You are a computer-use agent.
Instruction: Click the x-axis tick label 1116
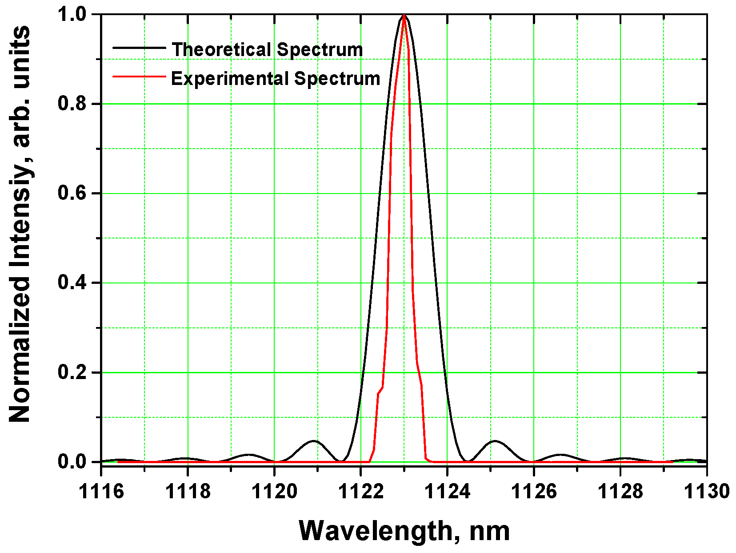(101, 492)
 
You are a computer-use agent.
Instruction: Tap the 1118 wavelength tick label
(188, 492)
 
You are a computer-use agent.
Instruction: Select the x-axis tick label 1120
(274, 492)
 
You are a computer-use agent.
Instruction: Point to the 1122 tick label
(361, 492)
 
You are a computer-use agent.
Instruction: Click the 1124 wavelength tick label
(448, 492)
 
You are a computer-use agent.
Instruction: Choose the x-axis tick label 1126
(534, 492)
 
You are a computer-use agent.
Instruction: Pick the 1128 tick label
(620, 492)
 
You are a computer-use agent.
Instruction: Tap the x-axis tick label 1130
(706, 492)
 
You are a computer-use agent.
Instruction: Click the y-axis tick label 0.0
(73, 462)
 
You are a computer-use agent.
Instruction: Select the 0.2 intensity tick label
(73, 372)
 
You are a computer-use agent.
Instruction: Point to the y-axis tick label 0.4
(73, 283)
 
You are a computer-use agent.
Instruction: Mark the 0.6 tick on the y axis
(73, 194)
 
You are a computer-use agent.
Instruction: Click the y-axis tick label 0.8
(73, 104)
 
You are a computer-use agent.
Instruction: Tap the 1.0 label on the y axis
(73, 15)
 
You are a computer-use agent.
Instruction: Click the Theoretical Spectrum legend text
(267, 49)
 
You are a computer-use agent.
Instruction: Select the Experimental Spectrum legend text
(276, 79)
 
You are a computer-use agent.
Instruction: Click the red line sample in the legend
(139, 77)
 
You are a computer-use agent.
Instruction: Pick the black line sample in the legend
(139, 47)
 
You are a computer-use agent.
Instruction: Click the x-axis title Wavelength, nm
(404, 531)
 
